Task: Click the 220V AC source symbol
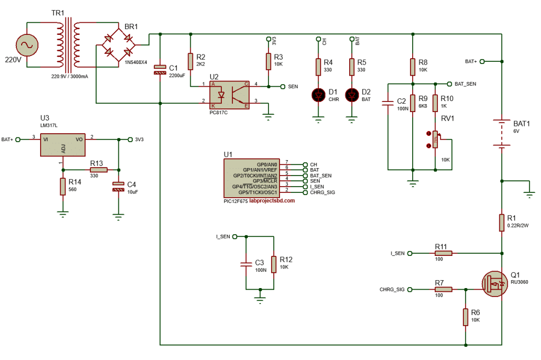pyautogui.click(x=26, y=45)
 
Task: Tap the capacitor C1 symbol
pyautogui.click(x=160, y=69)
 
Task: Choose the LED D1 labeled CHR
pyautogui.click(x=318, y=95)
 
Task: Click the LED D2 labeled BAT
pyautogui.click(x=352, y=95)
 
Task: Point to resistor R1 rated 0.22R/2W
pyautogui.click(x=501, y=223)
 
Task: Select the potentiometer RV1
pyautogui.click(x=436, y=140)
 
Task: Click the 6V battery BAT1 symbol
pyautogui.click(x=501, y=134)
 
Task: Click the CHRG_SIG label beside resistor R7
pyautogui.click(x=392, y=289)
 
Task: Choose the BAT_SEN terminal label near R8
pyautogui.click(x=465, y=84)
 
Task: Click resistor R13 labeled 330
pyautogui.click(x=99, y=170)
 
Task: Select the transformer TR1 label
pyautogui.click(x=56, y=12)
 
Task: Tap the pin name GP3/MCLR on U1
pyautogui.click(x=265, y=181)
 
